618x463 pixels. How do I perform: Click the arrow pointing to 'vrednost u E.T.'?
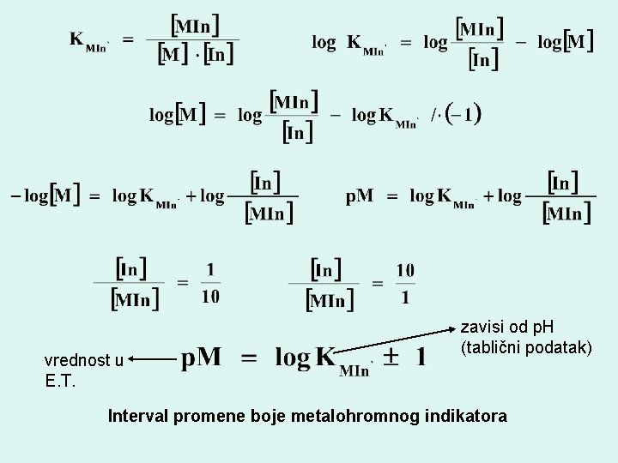pos(150,361)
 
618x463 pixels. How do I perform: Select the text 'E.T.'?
pos(60,381)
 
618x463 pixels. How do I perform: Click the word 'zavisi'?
pos(481,327)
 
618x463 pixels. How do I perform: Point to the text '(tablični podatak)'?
pos(525,347)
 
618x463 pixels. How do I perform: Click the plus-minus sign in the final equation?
pos(390,358)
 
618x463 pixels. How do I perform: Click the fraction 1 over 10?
pos(210,283)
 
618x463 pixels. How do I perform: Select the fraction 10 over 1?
pos(405,284)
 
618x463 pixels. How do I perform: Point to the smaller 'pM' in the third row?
pos(360,196)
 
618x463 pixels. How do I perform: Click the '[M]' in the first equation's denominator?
pos(172,55)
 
